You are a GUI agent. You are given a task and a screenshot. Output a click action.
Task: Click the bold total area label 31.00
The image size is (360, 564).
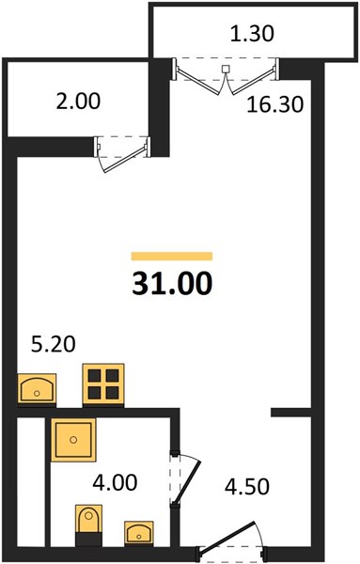coord(172,284)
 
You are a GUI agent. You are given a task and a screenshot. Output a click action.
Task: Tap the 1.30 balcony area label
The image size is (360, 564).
coord(252,34)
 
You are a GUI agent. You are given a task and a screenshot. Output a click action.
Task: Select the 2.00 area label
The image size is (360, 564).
coord(78,102)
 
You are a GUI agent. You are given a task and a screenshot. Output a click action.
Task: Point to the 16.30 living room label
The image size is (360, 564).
coord(275,104)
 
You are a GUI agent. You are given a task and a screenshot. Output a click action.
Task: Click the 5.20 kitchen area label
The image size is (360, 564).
coord(54,344)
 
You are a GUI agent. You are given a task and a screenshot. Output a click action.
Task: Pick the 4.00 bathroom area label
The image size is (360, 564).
coord(115,482)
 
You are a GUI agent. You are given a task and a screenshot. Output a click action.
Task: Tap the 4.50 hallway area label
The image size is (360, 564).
coord(246,486)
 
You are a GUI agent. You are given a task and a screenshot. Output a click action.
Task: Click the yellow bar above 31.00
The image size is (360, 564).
coord(172,256)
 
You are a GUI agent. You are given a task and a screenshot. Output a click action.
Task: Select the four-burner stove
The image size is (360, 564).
coord(103,384)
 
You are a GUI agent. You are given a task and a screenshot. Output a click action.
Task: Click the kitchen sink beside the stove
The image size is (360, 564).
coord(37,389)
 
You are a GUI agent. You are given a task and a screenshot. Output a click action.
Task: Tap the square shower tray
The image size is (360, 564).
coord(73,440)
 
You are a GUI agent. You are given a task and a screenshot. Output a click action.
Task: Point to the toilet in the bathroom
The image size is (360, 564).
coord(88,525)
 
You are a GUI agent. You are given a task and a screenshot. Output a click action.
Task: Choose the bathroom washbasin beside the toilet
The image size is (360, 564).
coord(139,532)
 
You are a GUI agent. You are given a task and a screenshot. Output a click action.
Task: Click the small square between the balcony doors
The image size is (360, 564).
coord(226,69)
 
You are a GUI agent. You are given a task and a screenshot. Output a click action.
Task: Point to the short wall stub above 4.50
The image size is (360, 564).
coord(291,413)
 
